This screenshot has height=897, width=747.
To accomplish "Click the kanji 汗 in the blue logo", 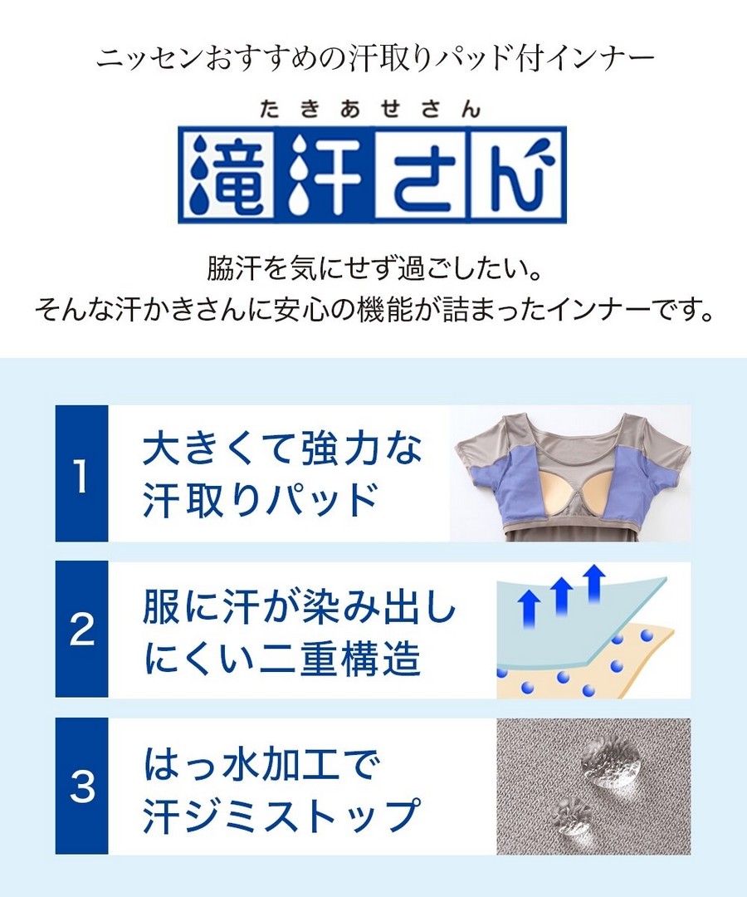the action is click(x=323, y=175).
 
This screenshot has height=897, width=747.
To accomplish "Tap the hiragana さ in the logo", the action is click(x=420, y=175).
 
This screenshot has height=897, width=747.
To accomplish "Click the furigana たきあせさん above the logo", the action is click(x=370, y=109).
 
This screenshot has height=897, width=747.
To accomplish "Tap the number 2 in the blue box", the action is click(x=81, y=630).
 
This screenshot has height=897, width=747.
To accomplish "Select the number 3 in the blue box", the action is click(x=81, y=787).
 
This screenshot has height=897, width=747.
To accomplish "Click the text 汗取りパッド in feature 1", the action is click(x=259, y=499).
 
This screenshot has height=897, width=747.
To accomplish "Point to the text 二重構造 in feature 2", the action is click(x=340, y=657).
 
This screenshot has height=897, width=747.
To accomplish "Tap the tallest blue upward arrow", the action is click(x=596, y=582).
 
